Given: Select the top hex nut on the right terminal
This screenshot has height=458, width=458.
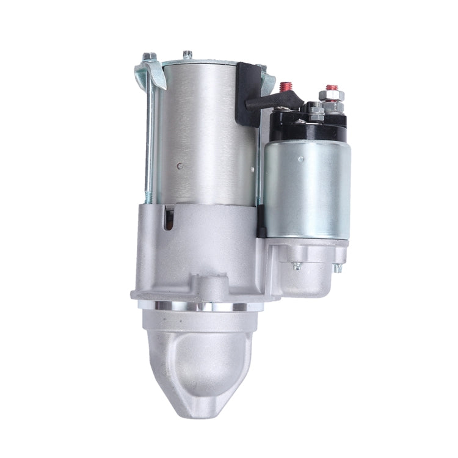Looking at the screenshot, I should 332,99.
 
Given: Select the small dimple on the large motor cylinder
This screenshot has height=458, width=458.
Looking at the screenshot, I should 178,165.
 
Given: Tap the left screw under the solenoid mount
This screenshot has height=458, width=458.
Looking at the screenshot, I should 296,265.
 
